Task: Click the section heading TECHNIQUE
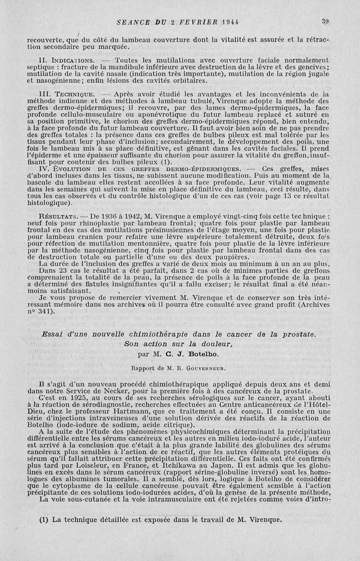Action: click(x=74, y=94)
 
